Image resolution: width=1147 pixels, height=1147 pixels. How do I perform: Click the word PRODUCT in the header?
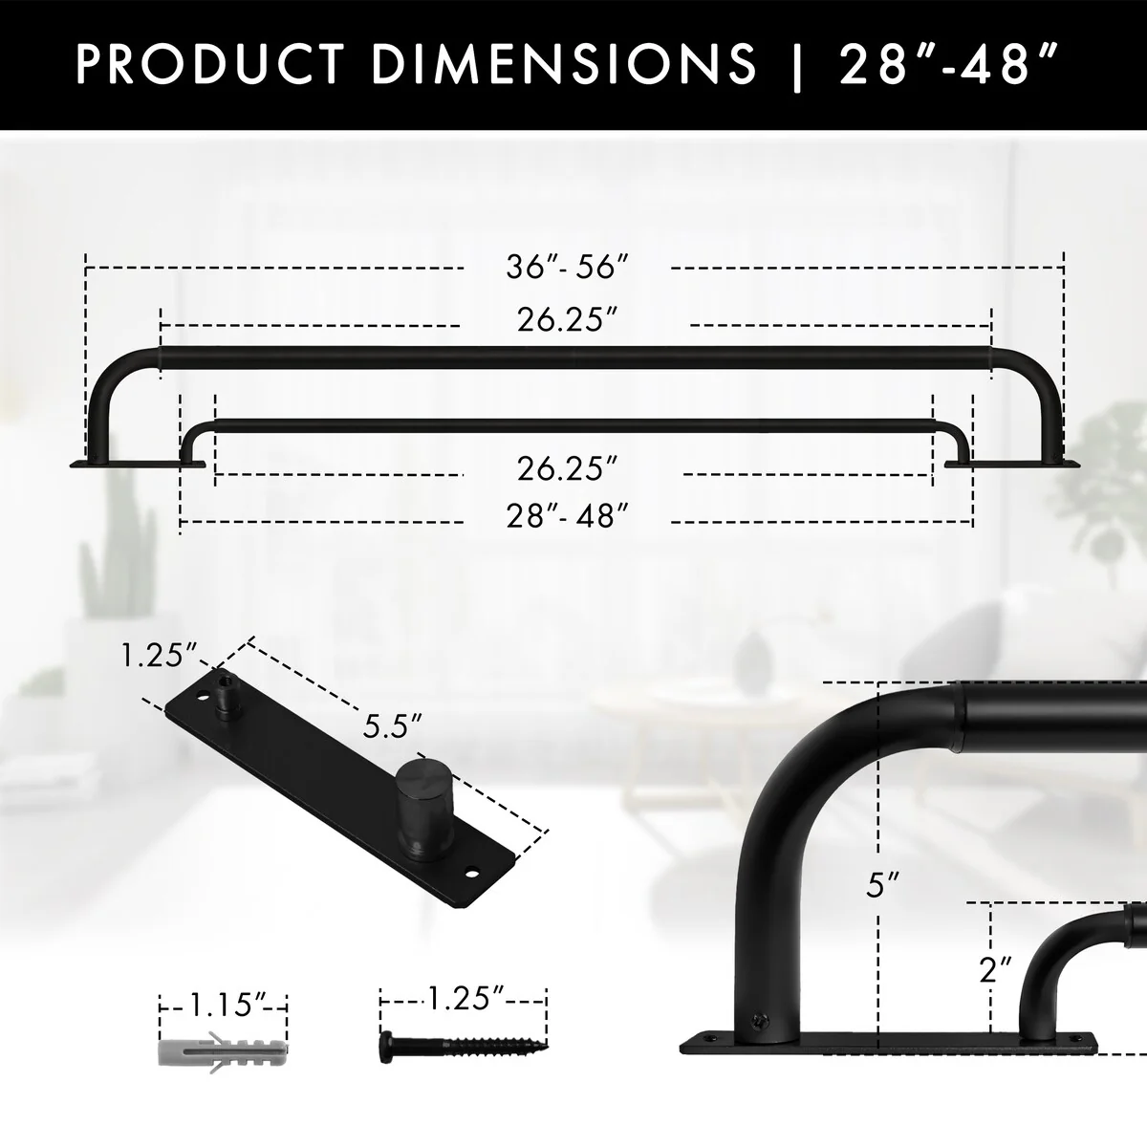pos(210,63)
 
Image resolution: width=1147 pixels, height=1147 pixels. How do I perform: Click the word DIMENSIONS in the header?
pos(564,63)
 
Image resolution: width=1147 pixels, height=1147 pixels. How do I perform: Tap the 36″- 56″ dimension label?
pos(567,267)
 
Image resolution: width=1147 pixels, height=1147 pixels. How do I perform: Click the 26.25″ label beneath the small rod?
pos(567,468)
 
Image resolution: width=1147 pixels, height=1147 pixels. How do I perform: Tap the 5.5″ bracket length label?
pos(392,726)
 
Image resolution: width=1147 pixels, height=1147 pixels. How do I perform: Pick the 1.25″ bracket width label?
pos(159,656)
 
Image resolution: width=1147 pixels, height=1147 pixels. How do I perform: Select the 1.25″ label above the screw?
pos(466,998)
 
